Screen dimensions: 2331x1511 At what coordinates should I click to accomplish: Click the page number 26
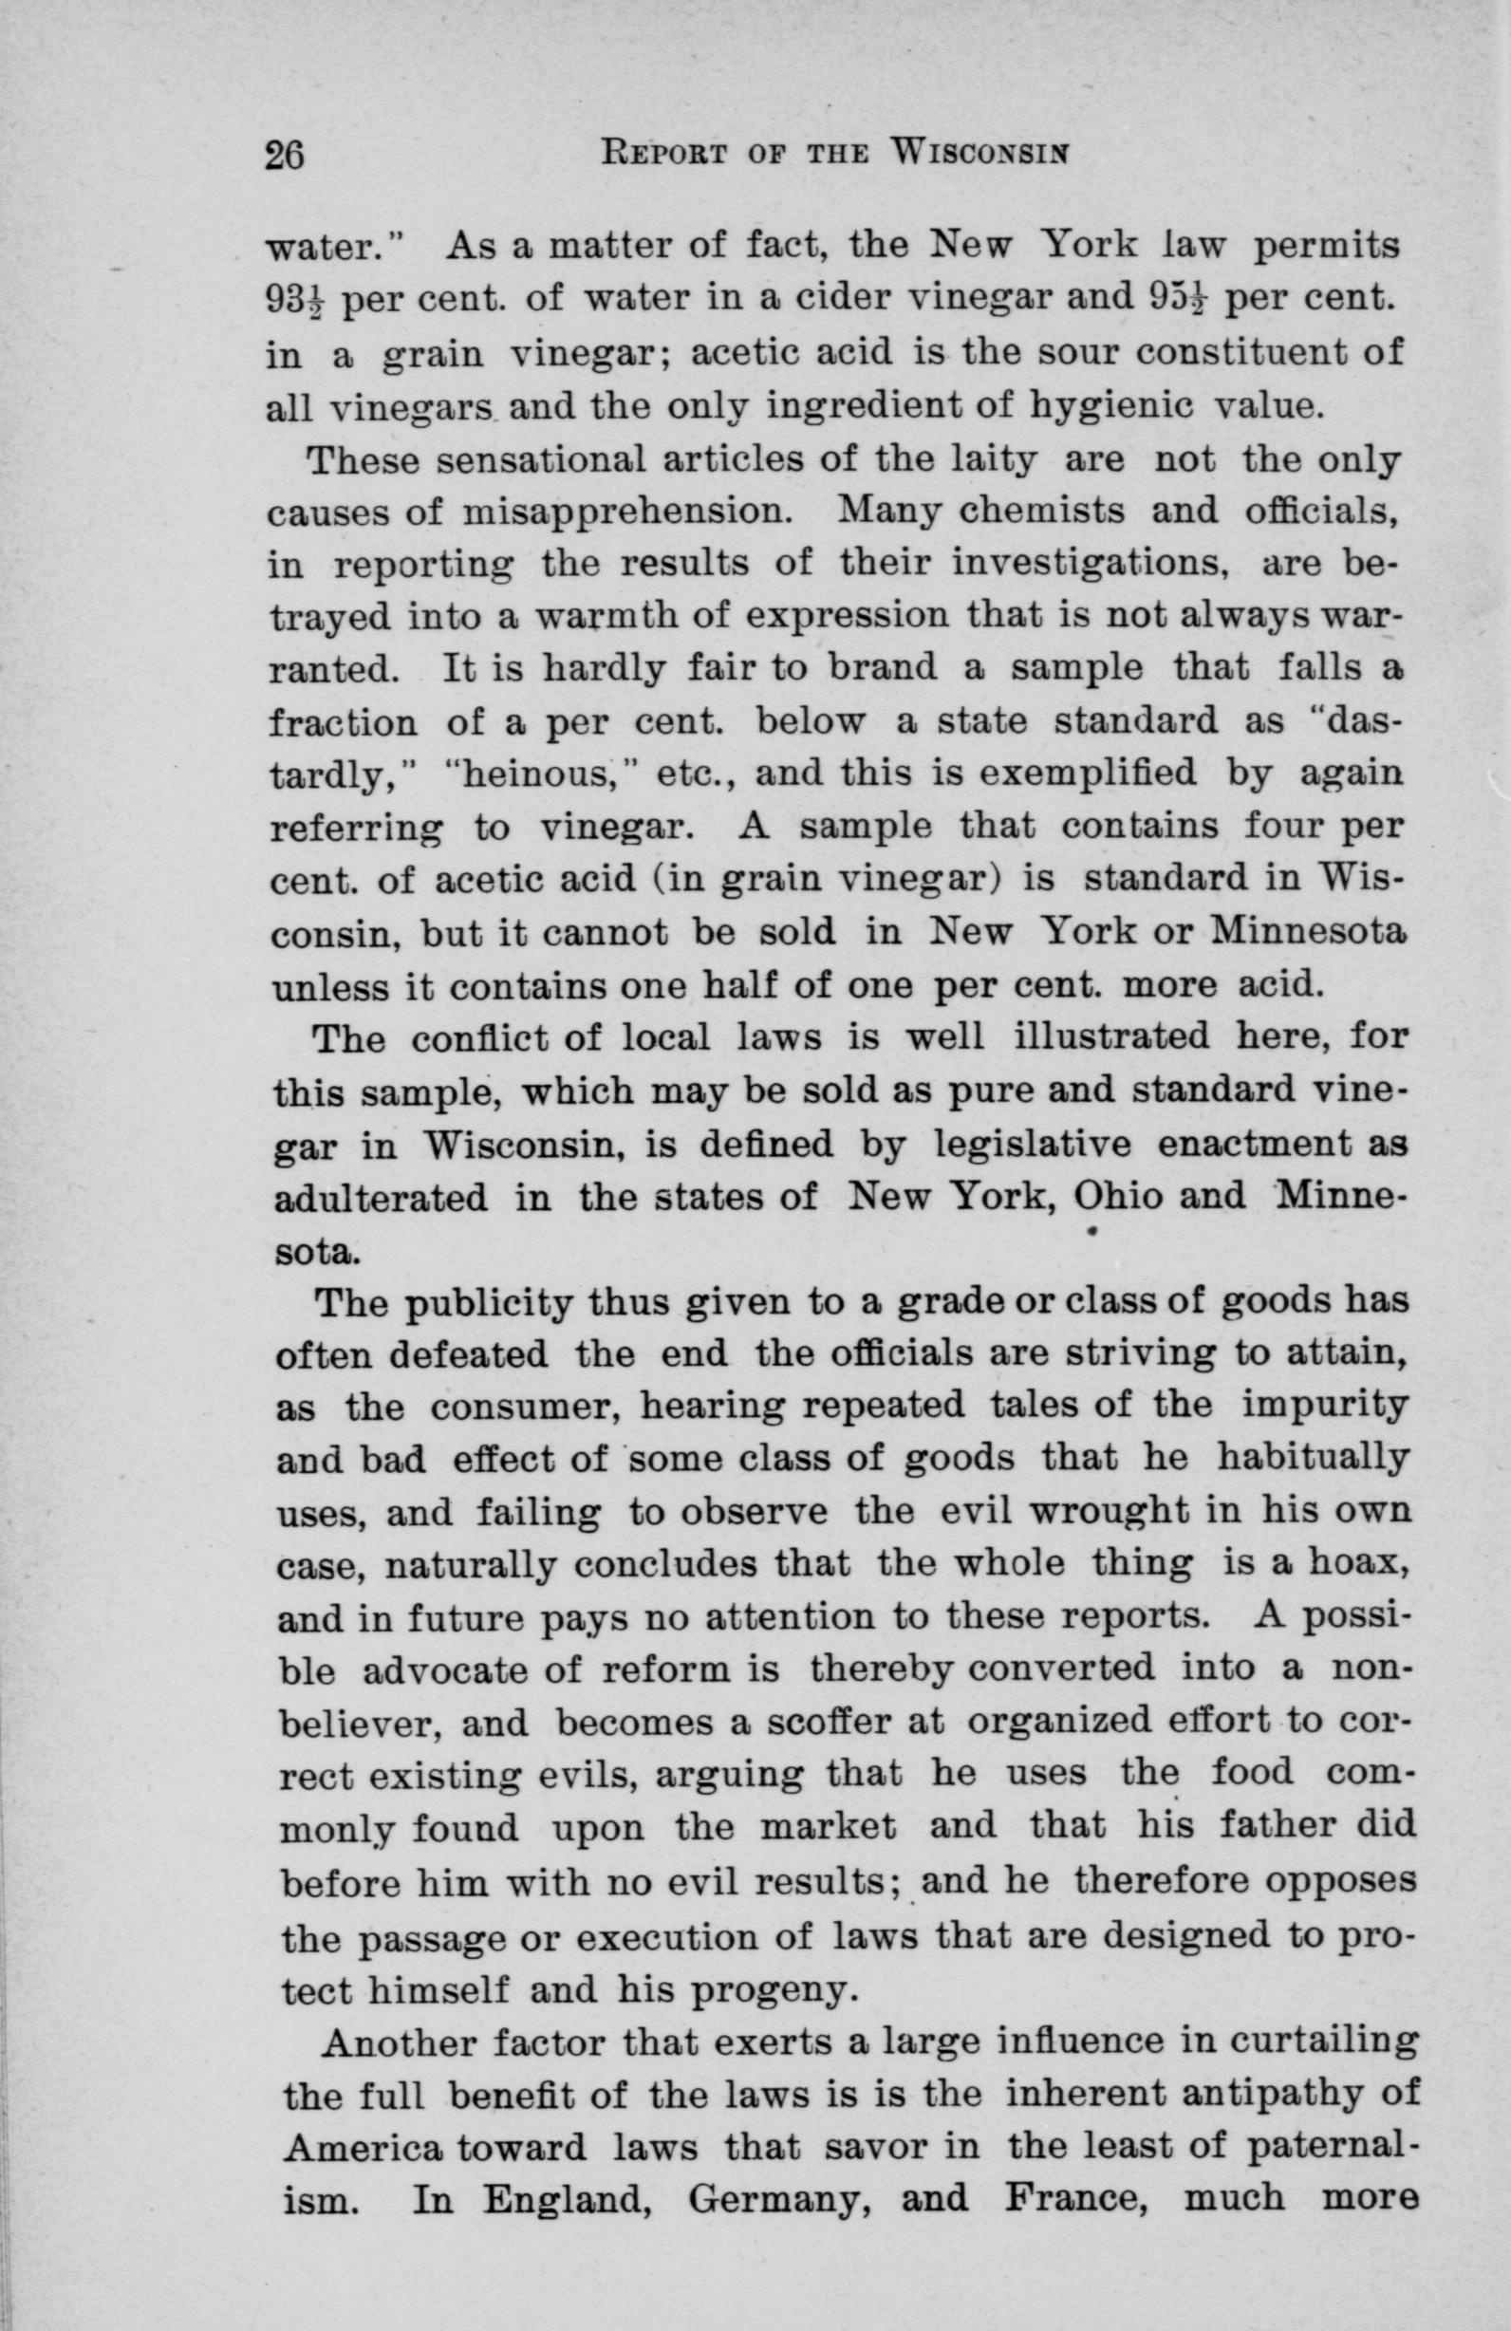285,155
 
